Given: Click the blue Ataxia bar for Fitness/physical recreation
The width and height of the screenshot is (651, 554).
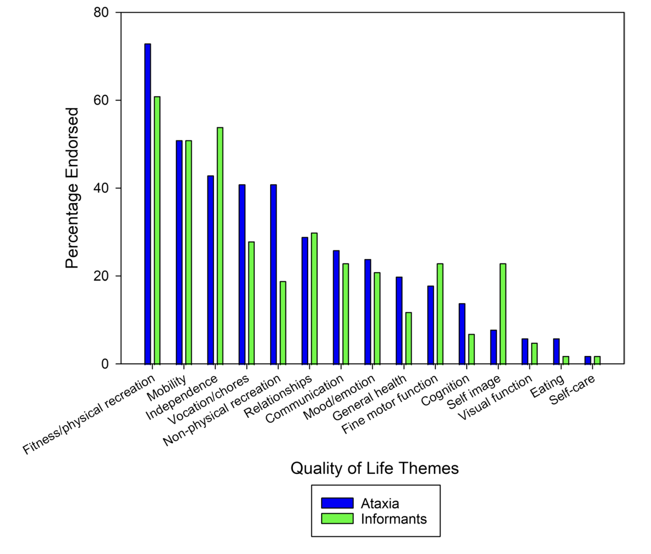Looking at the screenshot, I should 147,204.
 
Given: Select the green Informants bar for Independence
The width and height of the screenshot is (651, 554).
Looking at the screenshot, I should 220,246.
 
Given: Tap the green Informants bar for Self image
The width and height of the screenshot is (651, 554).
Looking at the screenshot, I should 503,314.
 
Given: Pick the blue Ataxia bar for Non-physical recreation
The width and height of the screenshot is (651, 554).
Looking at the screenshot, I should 273,274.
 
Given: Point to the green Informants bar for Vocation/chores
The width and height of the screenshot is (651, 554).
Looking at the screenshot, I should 252,303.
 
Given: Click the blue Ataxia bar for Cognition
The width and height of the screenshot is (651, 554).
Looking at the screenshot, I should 462,334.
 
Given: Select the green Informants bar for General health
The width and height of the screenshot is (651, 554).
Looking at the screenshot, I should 409,338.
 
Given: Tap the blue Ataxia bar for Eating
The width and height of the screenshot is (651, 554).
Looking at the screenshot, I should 556,351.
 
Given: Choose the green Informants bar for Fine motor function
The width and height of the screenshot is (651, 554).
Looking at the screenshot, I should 440,314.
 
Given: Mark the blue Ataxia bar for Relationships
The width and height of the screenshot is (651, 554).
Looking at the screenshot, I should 304,300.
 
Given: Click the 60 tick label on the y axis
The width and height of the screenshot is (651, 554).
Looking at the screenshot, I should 101,101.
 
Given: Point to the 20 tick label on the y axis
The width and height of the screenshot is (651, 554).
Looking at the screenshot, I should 101,276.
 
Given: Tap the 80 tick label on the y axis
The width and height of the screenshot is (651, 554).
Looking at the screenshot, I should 101,13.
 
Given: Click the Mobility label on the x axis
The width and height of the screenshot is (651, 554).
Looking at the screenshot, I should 167,388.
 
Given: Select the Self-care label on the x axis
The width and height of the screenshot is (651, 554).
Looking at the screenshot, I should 572,390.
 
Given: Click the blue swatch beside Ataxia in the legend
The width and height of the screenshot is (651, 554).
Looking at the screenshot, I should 337,503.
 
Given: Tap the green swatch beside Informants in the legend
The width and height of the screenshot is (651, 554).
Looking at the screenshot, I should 337,518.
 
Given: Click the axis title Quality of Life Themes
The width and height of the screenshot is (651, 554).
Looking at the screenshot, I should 374,468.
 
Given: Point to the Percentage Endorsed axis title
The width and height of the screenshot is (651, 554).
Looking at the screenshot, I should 72,188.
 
